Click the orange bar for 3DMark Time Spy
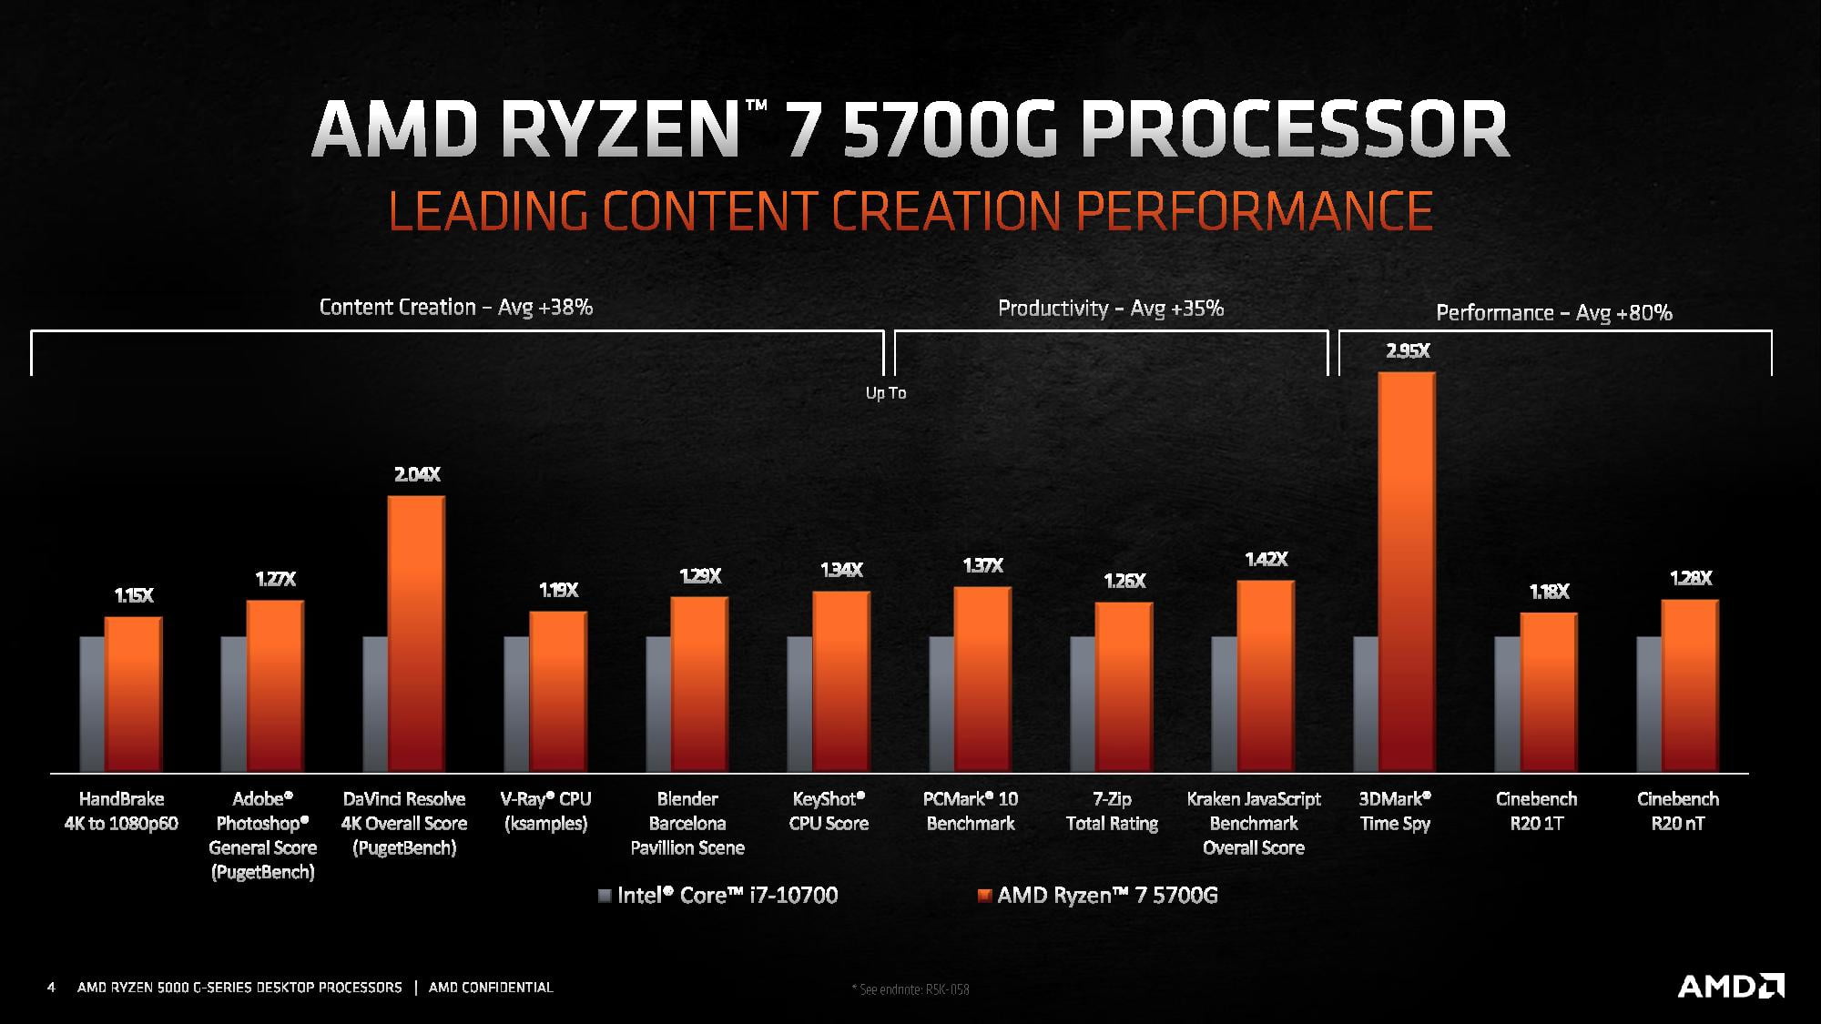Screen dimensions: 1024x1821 pyautogui.click(x=1407, y=573)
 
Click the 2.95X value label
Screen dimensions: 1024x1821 pyautogui.click(x=1408, y=351)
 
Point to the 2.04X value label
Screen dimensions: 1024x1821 pyautogui.click(x=417, y=474)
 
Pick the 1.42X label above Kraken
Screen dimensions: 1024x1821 pyautogui.click(x=1266, y=559)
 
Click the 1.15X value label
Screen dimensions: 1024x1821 pyautogui.click(x=134, y=595)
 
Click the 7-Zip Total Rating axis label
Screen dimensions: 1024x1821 pyautogui.click(x=1112, y=811)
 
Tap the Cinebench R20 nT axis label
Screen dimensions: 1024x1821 pyautogui.click(x=1677, y=811)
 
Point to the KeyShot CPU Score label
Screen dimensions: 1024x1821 pyautogui.click(x=829, y=811)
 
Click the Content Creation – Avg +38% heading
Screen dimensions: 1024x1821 pyautogui.click(x=455, y=308)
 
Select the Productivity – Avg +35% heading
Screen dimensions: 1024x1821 pyautogui.click(x=1110, y=309)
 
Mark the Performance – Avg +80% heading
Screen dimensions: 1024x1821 pyautogui.click(x=1553, y=313)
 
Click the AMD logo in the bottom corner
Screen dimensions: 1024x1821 pyautogui.click(x=1730, y=986)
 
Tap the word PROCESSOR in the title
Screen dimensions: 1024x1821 pyautogui.click(x=1294, y=130)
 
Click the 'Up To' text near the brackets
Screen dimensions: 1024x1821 pyautogui.click(x=885, y=393)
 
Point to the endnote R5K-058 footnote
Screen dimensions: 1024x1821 pyautogui.click(x=910, y=989)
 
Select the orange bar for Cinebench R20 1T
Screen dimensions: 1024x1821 pyautogui.click(x=1548, y=693)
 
